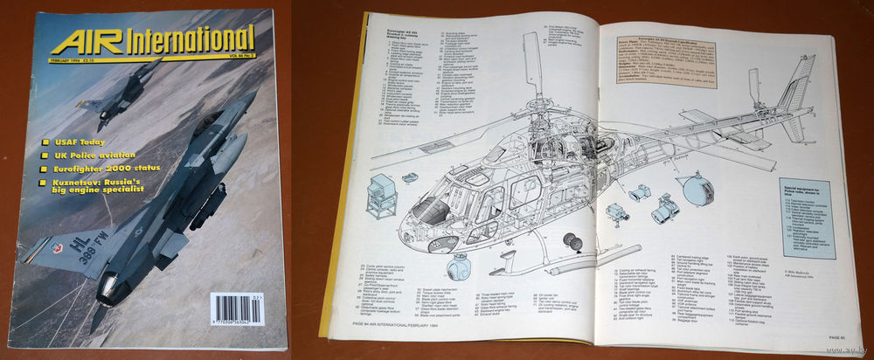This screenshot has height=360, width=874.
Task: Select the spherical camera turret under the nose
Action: pyautogui.click(x=458, y=267)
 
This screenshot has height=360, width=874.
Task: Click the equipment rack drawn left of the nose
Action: pyautogui.click(x=382, y=196)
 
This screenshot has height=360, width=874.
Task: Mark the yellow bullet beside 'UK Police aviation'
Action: pyautogui.click(x=46, y=156)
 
